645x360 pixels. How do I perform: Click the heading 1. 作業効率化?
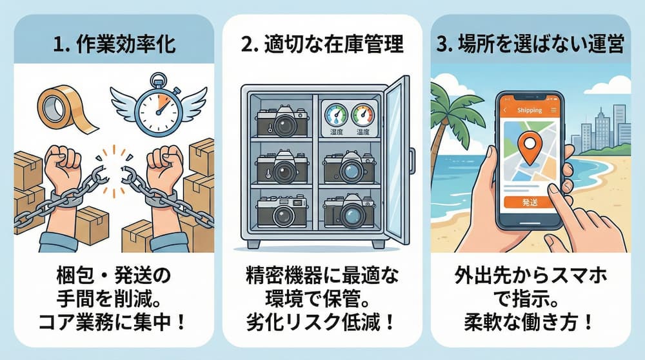(x=114, y=45)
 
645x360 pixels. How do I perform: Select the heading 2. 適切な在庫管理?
(x=322, y=45)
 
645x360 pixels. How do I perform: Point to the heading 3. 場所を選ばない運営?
(x=530, y=45)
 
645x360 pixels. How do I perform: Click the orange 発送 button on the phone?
(x=530, y=202)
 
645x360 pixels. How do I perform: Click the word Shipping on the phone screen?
(x=530, y=110)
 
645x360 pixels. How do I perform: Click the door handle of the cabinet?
(x=412, y=161)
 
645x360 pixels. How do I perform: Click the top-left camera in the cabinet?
(x=283, y=121)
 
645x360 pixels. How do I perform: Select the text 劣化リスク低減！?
(x=321, y=322)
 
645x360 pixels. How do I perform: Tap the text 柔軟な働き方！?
(x=530, y=322)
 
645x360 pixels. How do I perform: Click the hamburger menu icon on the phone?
(x=553, y=110)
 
